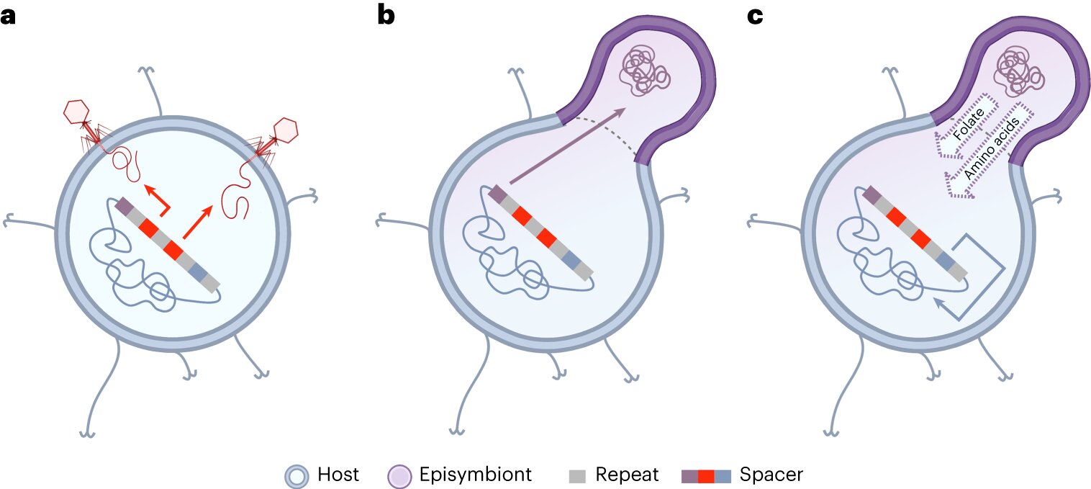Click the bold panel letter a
[9, 16]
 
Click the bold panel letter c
[755, 16]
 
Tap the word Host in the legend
[338, 475]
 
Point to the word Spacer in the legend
[771, 475]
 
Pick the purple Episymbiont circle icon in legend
[399, 475]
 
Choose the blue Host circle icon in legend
[296, 475]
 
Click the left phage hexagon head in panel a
[76, 112]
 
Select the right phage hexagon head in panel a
[286, 130]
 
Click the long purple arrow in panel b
[566, 147]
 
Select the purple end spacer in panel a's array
[122, 206]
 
